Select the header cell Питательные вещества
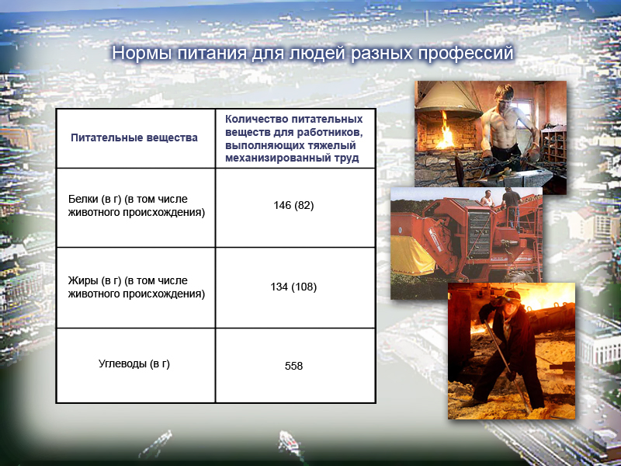pos(134,138)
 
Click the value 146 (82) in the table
pos(293,205)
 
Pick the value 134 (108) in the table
pos(293,287)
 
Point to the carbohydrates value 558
pos(293,366)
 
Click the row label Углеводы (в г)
pos(134,363)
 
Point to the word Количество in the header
pos(256,119)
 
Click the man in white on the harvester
pos(487,198)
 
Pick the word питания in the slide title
pos(212,54)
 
